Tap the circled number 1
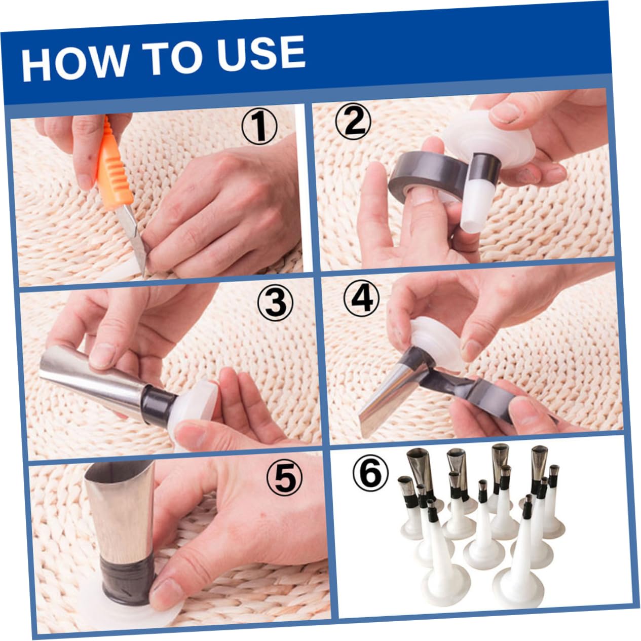tap(259, 127)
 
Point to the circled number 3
tap(275, 302)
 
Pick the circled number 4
tap(362, 298)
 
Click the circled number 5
tap(284, 478)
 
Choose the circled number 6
tap(370, 473)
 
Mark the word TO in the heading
tap(171, 57)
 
